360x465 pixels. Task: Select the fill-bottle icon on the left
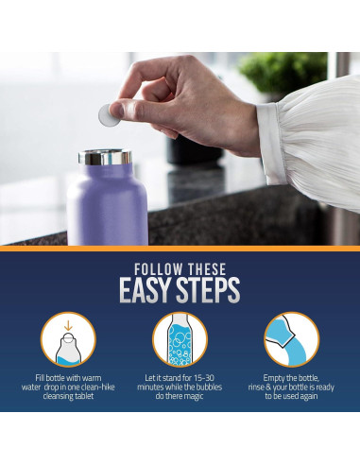[68, 340]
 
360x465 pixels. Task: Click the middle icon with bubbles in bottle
[180, 340]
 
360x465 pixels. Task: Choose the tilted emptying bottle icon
[291, 340]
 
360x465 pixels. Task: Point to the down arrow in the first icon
[68, 328]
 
